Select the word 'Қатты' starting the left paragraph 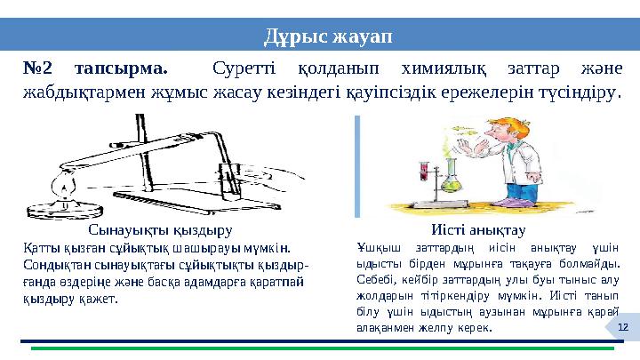coord(38,249)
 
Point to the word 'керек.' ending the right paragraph coord(473,328)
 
